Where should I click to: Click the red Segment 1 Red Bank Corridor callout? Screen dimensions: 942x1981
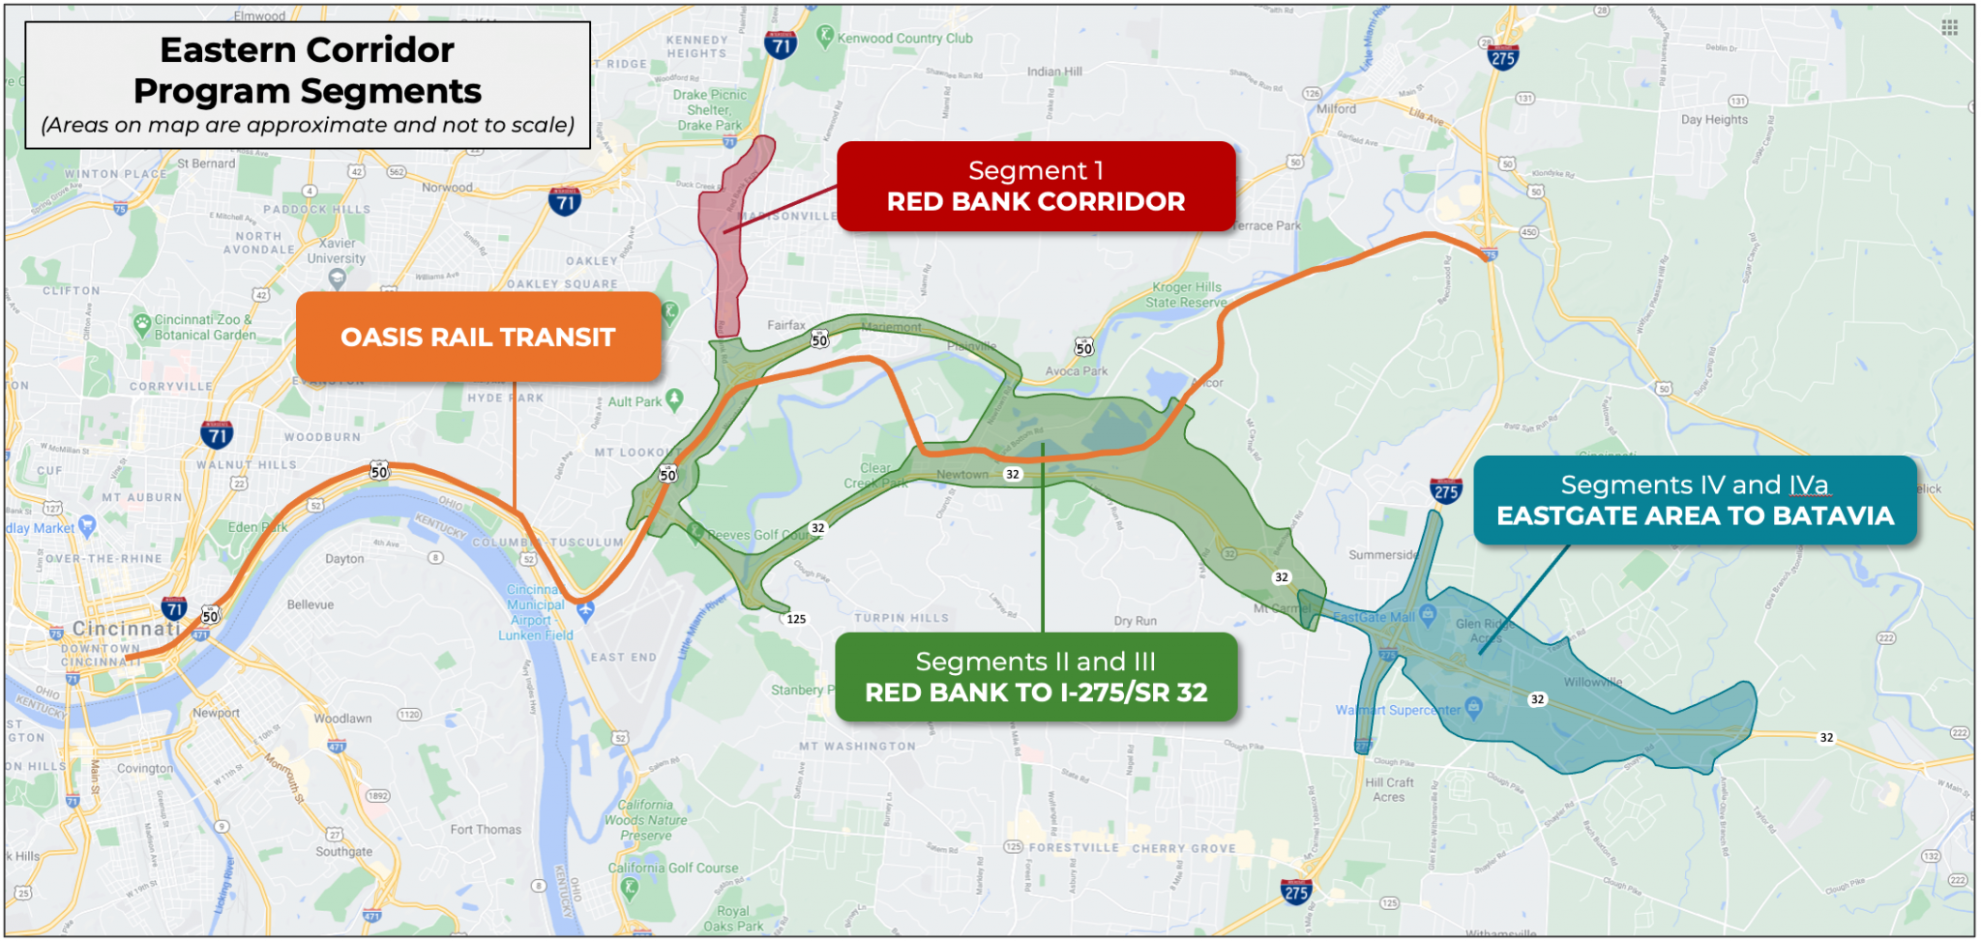point(1036,187)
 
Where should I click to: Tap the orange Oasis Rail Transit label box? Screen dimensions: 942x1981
point(478,337)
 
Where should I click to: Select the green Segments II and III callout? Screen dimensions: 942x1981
point(1036,677)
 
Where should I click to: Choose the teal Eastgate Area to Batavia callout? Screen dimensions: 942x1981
point(1695,500)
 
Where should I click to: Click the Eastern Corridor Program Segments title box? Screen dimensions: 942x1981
point(308,85)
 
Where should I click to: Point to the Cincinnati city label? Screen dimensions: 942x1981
point(126,629)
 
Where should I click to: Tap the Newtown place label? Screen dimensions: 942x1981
point(962,475)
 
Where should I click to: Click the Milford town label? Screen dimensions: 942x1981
point(1336,109)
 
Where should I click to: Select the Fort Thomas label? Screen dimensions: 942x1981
point(486,830)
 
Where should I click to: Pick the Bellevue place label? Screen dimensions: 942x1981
point(310,605)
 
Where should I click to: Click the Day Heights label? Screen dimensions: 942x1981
point(1714,120)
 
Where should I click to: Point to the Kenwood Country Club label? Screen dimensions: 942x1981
point(904,39)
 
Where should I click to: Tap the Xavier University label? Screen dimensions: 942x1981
point(337,251)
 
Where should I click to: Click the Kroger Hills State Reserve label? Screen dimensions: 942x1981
point(1187,295)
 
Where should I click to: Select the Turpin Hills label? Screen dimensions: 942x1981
point(902,618)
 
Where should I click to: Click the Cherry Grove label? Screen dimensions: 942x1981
point(1184,849)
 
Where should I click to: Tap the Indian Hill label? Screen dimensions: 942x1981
point(1054,72)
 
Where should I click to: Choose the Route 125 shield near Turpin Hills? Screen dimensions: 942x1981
point(796,619)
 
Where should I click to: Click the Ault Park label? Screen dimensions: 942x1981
point(635,402)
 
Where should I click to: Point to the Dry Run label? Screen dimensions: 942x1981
point(1135,621)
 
